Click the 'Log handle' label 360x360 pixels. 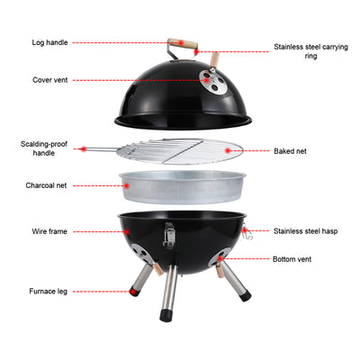point(49,42)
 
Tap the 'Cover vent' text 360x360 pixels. point(49,79)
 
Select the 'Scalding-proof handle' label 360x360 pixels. point(40,148)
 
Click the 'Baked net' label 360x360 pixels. point(290,151)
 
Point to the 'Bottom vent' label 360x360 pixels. point(292,259)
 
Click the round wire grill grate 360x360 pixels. point(184,150)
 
